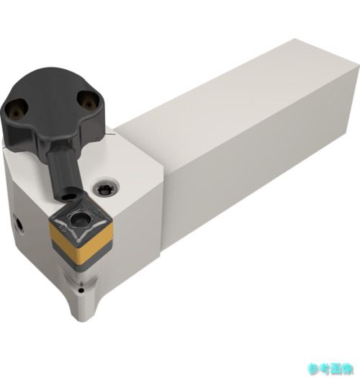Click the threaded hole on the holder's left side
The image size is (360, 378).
(x=18, y=224)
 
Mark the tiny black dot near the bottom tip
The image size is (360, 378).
(x=82, y=290)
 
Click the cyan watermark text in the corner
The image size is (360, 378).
(x=330, y=369)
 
